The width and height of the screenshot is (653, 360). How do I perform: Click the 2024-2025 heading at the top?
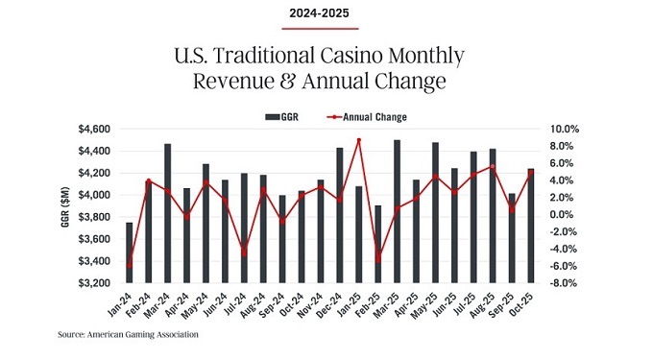(326, 13)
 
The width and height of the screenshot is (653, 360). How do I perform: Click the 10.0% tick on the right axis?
(565, 129)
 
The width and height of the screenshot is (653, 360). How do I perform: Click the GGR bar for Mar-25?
(397, 212)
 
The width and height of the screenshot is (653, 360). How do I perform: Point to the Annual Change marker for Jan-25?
(358, 140)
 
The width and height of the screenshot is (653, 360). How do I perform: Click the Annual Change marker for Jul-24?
(244, 253)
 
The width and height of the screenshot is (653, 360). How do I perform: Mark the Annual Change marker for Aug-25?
(492, 166)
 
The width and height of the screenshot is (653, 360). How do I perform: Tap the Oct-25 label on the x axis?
(522, 305)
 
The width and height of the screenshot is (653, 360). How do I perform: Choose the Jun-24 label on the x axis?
(218, 305)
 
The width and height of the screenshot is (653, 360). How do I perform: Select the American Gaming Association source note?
(127, 335)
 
